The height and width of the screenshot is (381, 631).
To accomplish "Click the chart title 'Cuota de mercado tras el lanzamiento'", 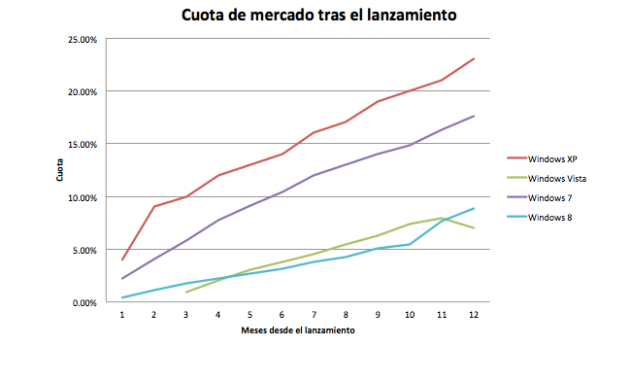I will (319, 17).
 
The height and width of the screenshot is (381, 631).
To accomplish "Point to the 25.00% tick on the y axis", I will (81, 39).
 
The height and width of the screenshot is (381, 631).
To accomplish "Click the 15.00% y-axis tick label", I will (81, 144).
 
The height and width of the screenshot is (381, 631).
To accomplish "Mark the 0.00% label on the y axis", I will (83, 302).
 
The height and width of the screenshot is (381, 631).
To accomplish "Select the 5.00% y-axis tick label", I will (83, 250).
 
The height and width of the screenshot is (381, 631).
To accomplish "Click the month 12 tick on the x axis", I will (473, 314).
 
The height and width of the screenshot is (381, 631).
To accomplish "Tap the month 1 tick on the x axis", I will (122, 314).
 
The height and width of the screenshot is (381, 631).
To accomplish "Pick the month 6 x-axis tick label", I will (282, 314).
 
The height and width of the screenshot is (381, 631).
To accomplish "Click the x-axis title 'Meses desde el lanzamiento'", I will (297, 330).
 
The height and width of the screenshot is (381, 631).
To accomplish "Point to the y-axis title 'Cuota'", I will (60, 171).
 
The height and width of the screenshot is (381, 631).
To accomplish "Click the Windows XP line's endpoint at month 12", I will (473, 58).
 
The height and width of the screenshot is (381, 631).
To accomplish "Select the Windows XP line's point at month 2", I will (154, 207).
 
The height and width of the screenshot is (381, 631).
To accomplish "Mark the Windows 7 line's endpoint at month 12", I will (473, 116).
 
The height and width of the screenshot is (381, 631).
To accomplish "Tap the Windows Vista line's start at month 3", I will (186, 292).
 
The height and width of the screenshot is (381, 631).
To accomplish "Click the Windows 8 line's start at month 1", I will (122, 297).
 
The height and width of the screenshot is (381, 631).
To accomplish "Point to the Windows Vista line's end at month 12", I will (473, 227).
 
